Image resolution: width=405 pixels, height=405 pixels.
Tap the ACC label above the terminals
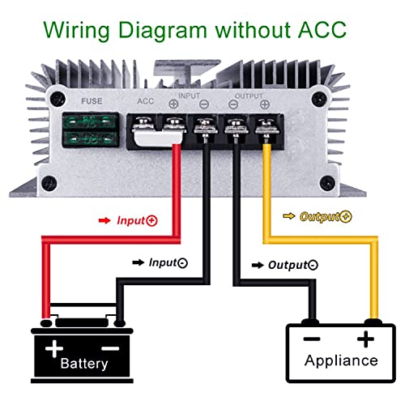point(146,103)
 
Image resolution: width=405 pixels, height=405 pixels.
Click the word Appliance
point(340,360)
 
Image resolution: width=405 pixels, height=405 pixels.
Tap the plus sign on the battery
point(54,348)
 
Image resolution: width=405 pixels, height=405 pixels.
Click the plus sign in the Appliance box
point(369,338)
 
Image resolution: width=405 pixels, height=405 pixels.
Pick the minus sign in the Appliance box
point(310,339)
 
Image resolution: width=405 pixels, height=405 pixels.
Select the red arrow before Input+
point(103,220)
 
